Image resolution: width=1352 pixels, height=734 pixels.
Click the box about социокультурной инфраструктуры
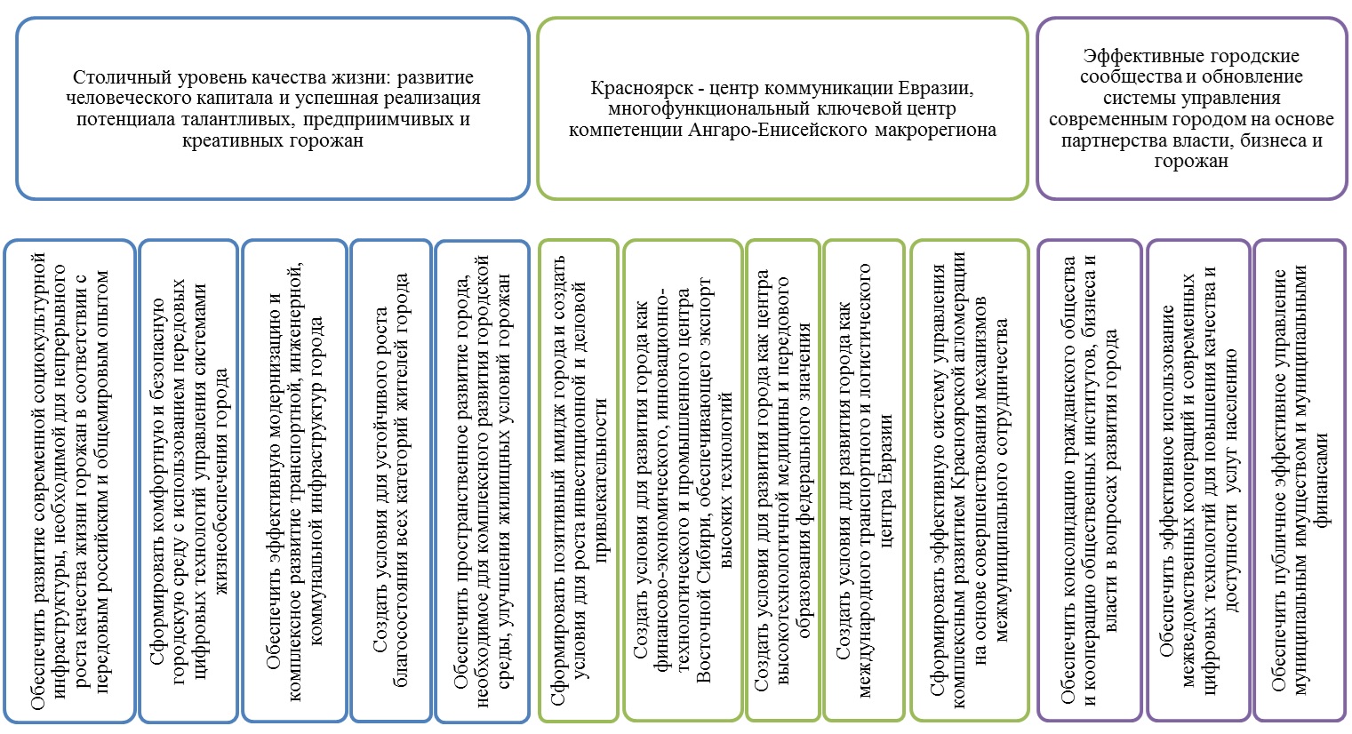[x=70, y=480]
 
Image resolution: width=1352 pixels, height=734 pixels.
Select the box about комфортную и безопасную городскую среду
[x=188, y=480]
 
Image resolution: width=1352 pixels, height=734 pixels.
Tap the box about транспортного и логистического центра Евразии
[x=862, y=480]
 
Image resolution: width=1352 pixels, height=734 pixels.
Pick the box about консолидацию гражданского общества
[x=1090, y=480]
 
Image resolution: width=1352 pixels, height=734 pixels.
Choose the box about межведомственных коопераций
[x=1197, y=480]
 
